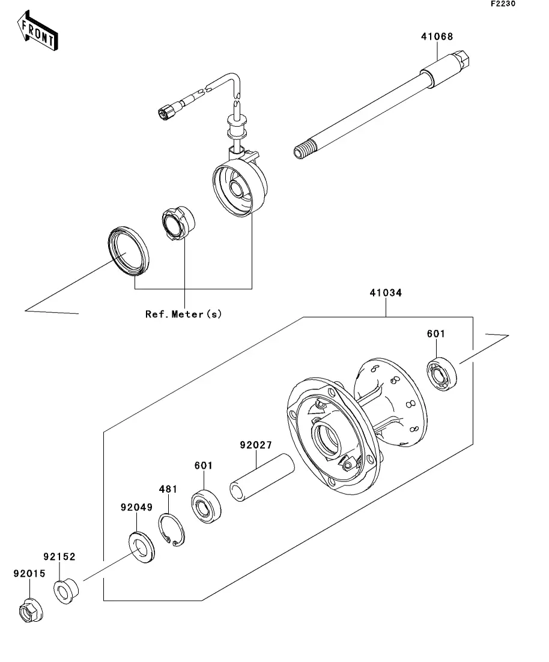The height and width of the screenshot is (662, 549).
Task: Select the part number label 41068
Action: point(437,37)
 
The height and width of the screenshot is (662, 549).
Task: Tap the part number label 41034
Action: point(386,292)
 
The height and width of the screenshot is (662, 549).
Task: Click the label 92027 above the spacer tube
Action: point(256,445)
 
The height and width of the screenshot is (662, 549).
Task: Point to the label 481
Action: point(168,489)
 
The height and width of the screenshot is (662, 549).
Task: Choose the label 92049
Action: point(136,507)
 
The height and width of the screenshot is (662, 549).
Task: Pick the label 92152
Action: point(59,557)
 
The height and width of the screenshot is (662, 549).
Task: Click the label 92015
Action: point(29,574)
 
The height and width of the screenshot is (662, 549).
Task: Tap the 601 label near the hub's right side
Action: point(436,334)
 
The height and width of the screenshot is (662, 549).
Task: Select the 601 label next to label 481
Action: point(204,465)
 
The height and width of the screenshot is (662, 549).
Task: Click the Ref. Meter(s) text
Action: point(183,314)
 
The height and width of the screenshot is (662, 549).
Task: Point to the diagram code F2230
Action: point(503,4)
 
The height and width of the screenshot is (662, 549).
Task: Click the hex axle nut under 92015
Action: point(31,610)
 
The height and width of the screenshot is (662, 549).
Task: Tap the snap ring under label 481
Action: point(172,531)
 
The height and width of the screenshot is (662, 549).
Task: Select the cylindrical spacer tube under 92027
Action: point(262,478)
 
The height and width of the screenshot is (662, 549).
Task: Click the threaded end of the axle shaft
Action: point(305,149)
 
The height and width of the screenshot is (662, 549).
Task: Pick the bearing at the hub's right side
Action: point(442,374)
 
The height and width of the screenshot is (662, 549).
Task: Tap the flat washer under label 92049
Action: point(142,549)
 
